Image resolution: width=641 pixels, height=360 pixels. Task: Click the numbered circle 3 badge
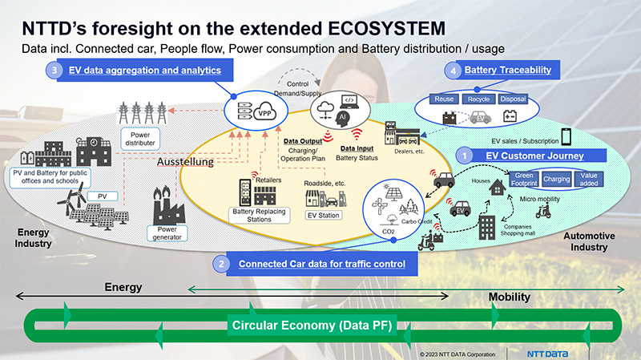click(x=53, y=71)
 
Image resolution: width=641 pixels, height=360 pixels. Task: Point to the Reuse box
click(x=444, y=99)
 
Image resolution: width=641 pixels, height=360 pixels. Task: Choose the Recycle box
click(x=479, y=99)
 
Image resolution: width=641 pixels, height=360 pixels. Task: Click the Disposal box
click(x=513, y=99)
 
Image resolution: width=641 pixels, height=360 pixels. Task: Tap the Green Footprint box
click(x=524, y=180)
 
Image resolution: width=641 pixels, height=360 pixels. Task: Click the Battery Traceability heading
click(x=508, y=71)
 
